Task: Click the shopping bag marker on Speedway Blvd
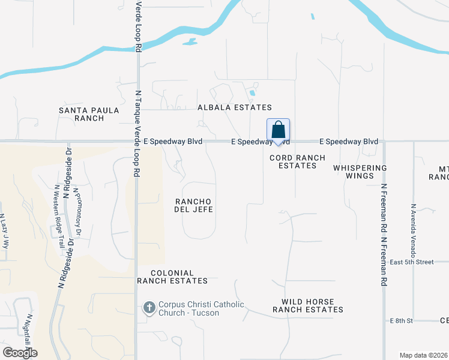pyautogui.click(x=278, y=130)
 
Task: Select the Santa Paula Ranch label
pyautogui.click(x=81, y=114)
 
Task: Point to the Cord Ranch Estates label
pyautogui.click(x=297, y=161)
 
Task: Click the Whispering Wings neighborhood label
pyautogui.click(x=360, y=172)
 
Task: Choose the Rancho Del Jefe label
pyautogui.click(x=193, y=205)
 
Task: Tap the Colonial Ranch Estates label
pyautogui.click(x=172, y=277)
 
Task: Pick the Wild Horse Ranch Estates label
pyautogui.click(x=308, y=305)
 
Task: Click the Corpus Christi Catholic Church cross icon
pyautogui.click(x=149, y=308)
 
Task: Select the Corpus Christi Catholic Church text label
pyautogui.click(x=201, y=308)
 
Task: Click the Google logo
pyautogui.click(x=20, y=353)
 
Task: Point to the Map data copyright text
pyautogui.click(x=424, y=355)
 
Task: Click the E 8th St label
pyautogui.click(x=402, y=321)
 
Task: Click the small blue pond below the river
pyautogui.click(x=190, y=42)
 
